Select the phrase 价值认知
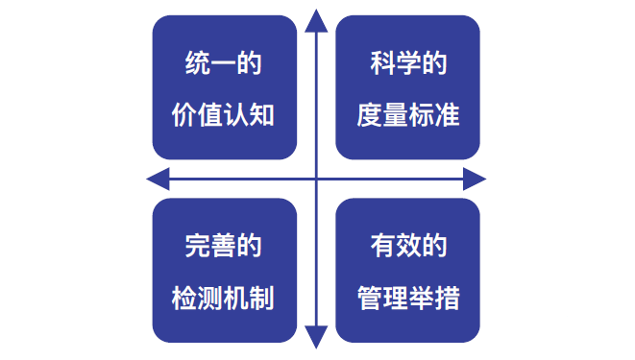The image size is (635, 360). coord(223,114)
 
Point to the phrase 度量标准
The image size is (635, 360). coord(408,114)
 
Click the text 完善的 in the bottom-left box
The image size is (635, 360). coord(223,246)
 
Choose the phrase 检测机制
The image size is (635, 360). coord(223,297)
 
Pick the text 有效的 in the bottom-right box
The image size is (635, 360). coord(408,246)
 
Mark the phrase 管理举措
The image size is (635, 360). coord(408,297)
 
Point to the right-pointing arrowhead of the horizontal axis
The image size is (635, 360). coord(476,179)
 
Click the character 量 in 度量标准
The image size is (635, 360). coord(395,114)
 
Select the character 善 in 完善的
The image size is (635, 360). coord(223,246)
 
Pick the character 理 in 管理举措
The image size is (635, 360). coord(395,297)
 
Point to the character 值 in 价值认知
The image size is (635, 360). coord(209,114)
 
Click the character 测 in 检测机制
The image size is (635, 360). coord(209,297)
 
